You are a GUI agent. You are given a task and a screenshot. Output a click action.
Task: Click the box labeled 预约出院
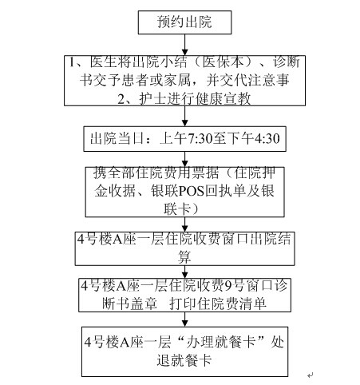pyautogui.click(x=184, y=22)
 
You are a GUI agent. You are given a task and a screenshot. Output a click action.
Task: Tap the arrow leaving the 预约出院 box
pyautogui.click(x=185, y=45)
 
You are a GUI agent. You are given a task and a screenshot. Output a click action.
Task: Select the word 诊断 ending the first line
pyautogui.click(x=287, y=62)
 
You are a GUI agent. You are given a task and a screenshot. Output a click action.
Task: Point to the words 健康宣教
pyautogui.click(x=223, y=99)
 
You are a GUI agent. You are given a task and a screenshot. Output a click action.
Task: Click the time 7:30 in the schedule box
pyautogui.click(x=200, y=139)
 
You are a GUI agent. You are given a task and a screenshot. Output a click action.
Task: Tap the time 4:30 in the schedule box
pyautogui.click(x=267, y=139)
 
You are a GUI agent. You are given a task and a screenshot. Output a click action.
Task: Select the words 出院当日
pyautogui.click(x=117, y=139)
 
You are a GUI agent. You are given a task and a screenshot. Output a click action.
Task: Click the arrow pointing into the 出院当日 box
pyautogui.click(x=185, y=116)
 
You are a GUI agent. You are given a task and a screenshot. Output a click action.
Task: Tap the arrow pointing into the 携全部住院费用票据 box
pyautogui.click(x=185, y=159)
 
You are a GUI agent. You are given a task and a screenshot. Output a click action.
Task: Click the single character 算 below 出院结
pyautogui.click(x=184, y=257)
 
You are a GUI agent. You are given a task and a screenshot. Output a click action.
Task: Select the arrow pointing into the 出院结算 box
pyautogui.click(x=185, y=224)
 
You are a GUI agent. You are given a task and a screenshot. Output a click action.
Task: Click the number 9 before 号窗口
pyautogui.click(x=228, y=286)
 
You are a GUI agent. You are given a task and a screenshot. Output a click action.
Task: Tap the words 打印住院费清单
pyautogui.click(x=218, y=304)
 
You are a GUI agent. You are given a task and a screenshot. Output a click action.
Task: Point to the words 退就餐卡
pyautogui.click(x=184, y=360)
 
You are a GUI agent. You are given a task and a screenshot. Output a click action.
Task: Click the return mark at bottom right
pyautogui.click(x=310, y=375)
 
